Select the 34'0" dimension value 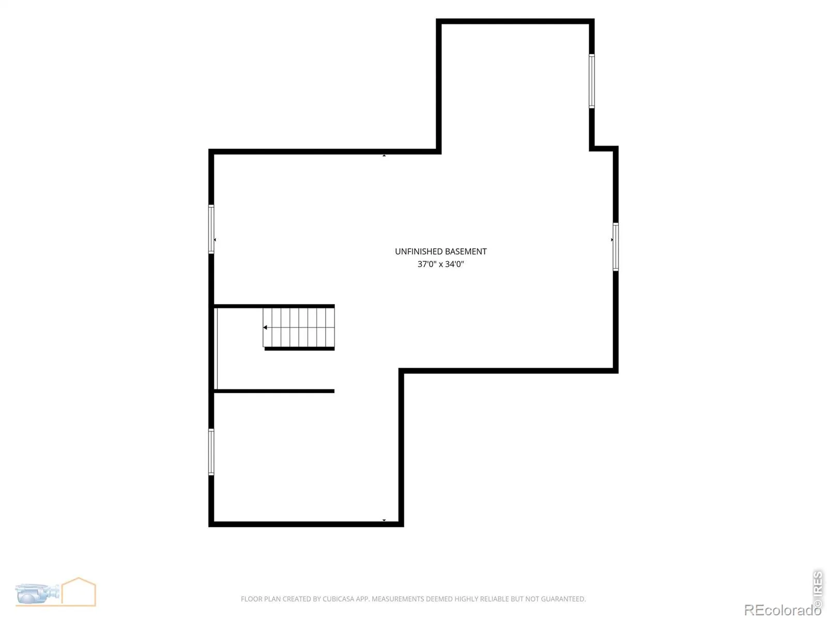coord(454,264)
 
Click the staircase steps coord(299,328)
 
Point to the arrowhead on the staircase coord(265,328)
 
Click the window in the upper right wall coord(592,81)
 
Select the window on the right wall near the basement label coord(616,247)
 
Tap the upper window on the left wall coord(211,229)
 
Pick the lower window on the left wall coord(211,452)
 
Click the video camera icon coord(37,594)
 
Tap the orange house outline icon coord(79,592)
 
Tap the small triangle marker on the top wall coord(385,155)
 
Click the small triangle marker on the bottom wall coord(385,520)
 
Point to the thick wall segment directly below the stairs coord(299,349)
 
